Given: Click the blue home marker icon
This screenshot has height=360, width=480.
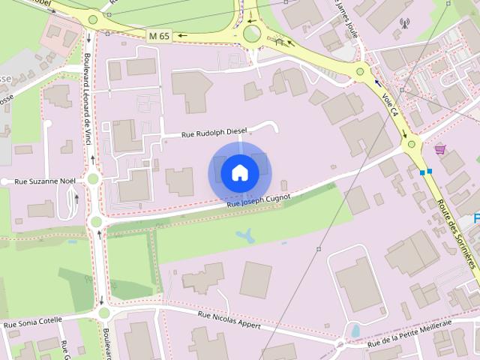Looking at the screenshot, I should point(239,173).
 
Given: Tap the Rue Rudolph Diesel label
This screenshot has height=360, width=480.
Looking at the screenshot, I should point(214,133).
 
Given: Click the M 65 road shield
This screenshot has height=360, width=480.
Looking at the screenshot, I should point(159,35).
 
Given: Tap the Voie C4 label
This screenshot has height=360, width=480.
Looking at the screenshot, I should point(390,103).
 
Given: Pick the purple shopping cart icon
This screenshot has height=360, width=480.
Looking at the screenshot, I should point(439,149).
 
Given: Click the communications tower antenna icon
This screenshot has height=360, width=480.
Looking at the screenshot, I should point(405,23).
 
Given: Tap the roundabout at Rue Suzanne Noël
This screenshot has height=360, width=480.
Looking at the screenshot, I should point(93,178).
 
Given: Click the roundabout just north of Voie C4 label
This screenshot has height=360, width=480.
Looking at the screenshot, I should point(361,72).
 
